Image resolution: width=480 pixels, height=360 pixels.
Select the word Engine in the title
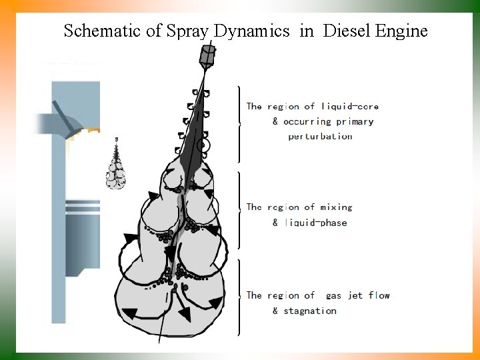(x=401, y=31)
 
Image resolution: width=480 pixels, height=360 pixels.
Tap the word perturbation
(x=320, y=137)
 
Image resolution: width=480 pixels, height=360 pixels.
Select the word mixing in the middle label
(x=335, y=207)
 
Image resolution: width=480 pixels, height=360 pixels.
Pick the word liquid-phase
(x=315, y=223)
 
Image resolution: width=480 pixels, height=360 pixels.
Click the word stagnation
(x=309, y=311)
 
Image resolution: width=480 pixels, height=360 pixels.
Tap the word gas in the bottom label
(x=335, y=295)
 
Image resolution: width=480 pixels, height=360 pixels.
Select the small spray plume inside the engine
(x=116, y=167)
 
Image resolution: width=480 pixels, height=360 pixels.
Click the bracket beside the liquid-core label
(x=238, y=123)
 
